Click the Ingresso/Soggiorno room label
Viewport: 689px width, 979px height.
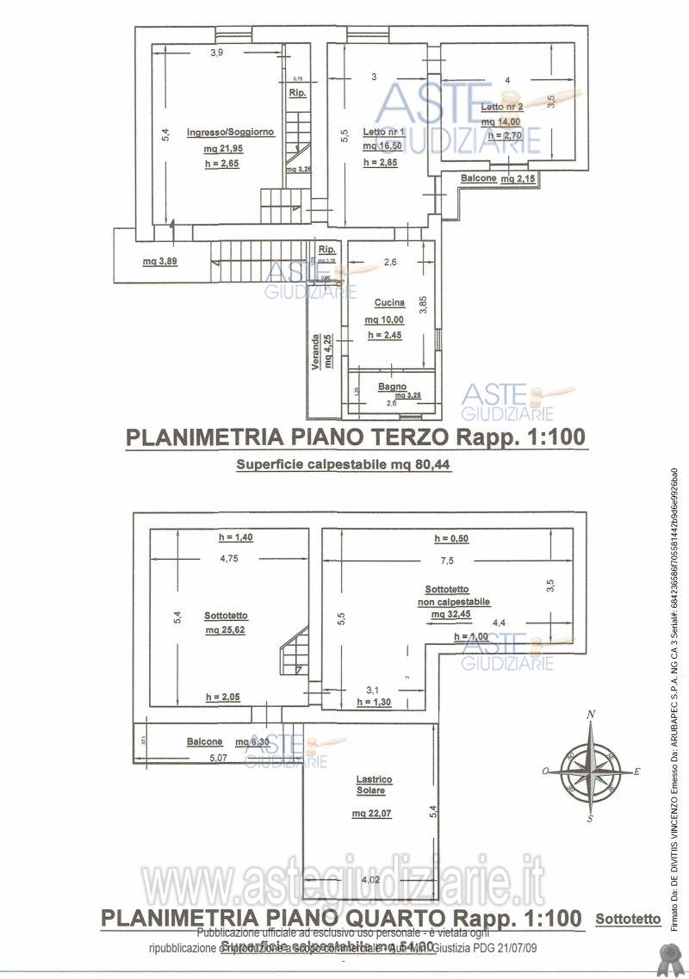click(218, 132)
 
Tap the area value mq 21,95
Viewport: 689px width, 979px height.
click(218, 148)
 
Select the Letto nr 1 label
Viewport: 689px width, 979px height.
click(384, 132)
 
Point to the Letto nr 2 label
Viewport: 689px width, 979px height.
click(502, 107)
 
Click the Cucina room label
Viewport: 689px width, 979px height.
click(389, 303)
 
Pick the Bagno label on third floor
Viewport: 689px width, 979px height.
click(391, 387)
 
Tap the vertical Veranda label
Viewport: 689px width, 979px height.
click(316, 354)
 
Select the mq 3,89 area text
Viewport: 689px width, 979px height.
click(160, 262)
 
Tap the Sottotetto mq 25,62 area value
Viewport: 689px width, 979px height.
click(227, 630)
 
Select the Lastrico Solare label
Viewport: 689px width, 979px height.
click(374, 784)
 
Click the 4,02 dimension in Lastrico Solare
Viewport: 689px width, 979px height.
click(369, 879)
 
